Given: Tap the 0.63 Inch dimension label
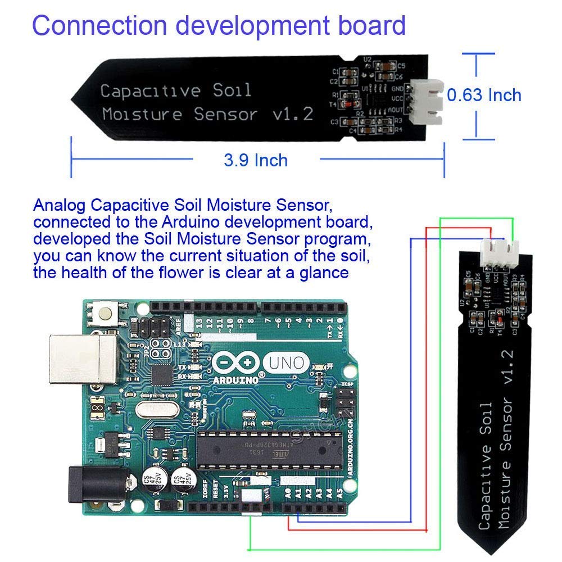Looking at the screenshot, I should pos(484,95).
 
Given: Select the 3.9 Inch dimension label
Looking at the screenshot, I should pos(256,161).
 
